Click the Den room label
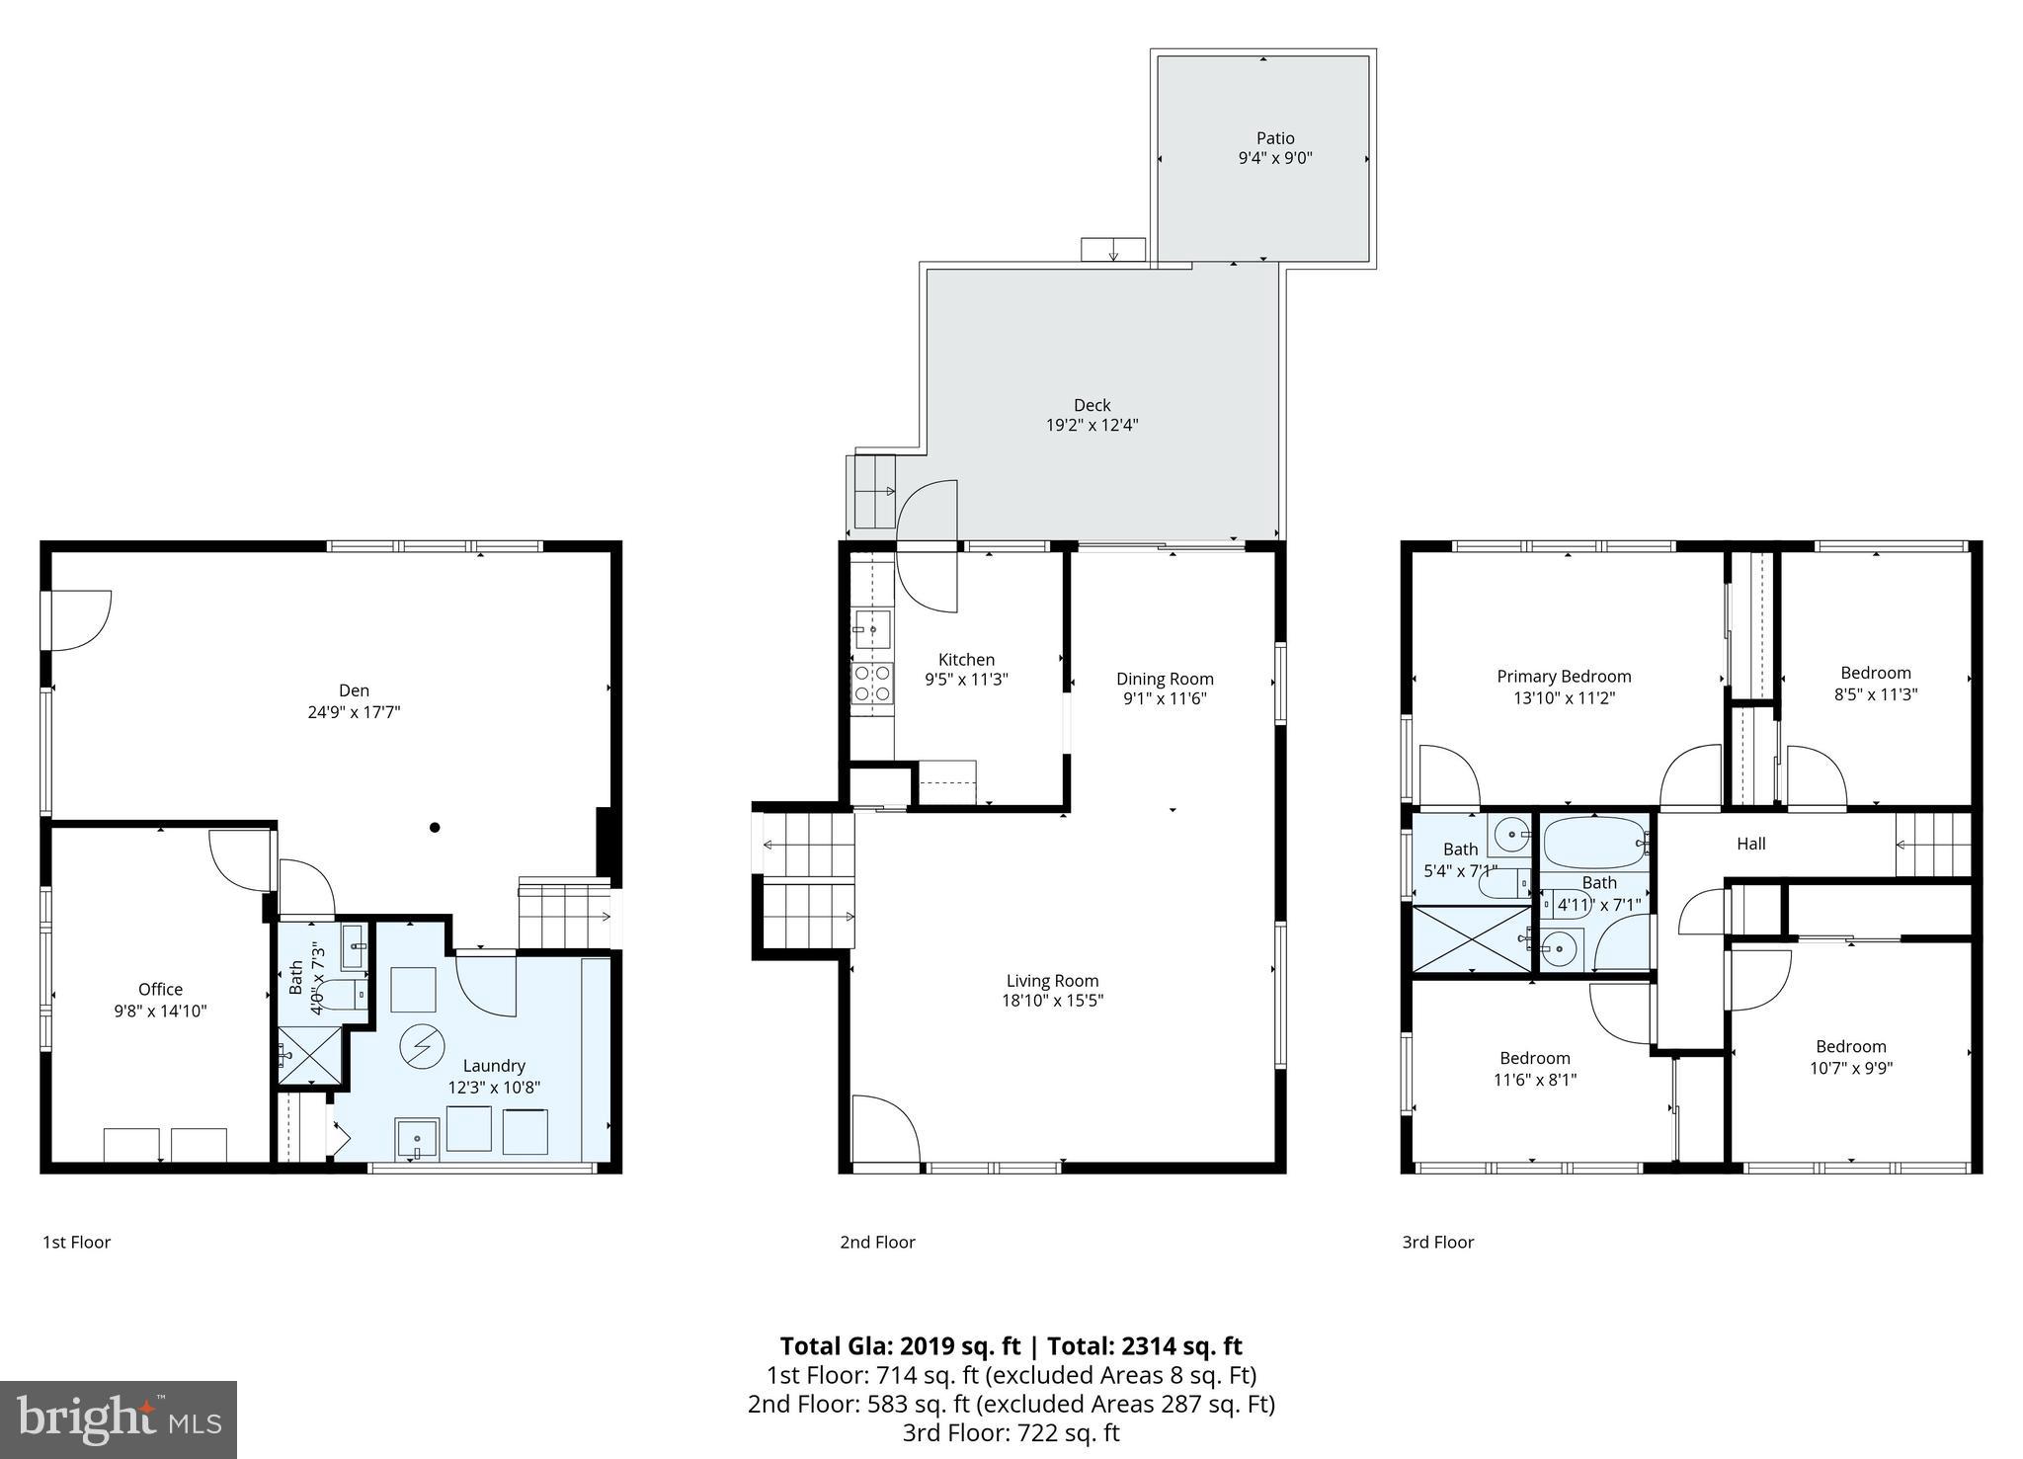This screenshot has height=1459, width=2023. point(354,690)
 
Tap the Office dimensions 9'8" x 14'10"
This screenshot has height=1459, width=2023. point(160,1011)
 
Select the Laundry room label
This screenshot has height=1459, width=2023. point(494,1066)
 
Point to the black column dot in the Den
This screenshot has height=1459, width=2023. point(435,827)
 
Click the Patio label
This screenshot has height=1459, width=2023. point(1275,138)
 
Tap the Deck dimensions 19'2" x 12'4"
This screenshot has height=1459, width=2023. point(1092,426)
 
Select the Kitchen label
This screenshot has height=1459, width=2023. point(966,659)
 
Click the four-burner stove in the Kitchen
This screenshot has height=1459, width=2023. point(872,683)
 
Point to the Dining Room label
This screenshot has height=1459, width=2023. point(1165,679)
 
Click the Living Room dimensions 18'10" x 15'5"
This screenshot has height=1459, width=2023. point(1052,1001)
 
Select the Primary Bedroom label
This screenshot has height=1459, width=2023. point(1564,677)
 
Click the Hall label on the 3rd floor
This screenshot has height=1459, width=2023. point(1751,844)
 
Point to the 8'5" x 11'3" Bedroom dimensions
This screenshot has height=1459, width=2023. point(1875,694)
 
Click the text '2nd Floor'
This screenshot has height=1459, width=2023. point(877,1242)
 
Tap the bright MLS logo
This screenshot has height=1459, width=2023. point(119,1419)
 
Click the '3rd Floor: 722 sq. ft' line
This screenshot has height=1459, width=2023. point(1011,1432)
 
